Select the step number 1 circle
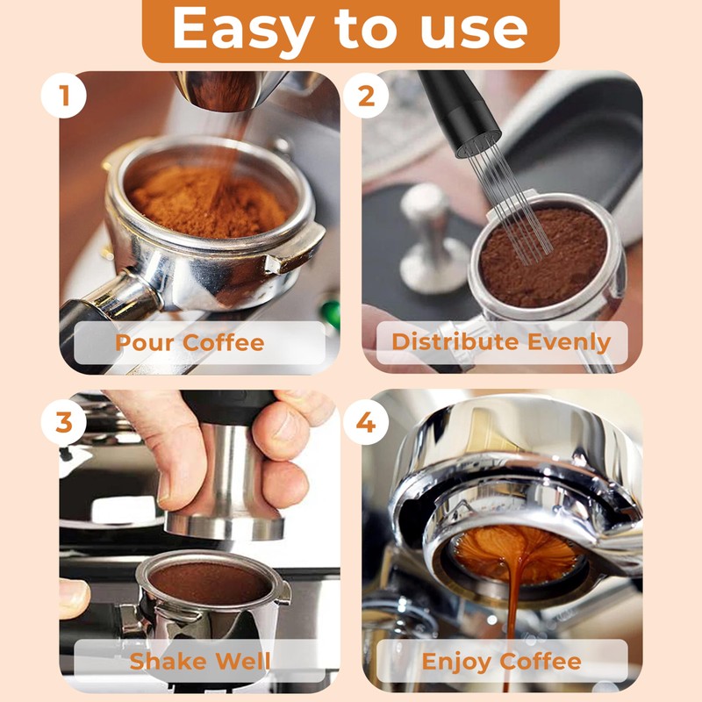click(63, 96)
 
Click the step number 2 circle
click(366, 96)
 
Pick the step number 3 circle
click(63, 422)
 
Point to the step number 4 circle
click(366, 422)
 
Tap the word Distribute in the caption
click(455, 341)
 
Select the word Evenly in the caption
click(569, 343)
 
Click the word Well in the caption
click(243, 662)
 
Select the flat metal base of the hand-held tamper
click(224, 526)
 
